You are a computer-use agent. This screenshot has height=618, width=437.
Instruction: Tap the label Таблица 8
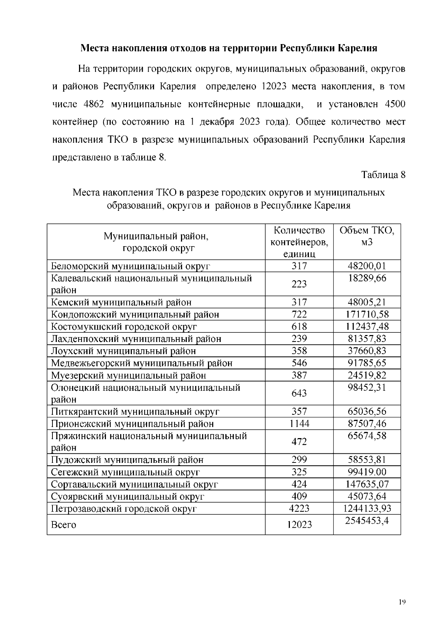click(383, 175)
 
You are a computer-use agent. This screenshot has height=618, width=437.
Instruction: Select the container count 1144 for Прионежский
click(299, 424)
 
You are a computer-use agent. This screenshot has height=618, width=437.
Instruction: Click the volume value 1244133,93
click(367, 509)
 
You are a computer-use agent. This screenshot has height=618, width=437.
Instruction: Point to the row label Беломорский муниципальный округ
click(130, 266)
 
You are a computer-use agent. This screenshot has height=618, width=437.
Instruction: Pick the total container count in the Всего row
click(299, 524)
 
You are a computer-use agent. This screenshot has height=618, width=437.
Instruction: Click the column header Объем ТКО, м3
click(367, 236)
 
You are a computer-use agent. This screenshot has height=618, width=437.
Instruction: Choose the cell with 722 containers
click(299, 315)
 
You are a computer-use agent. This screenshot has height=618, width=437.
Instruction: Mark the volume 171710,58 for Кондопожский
click(367, 315)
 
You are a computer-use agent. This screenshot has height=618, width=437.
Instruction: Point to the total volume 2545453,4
click(367, 521)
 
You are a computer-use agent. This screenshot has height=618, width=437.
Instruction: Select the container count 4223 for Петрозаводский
click(299, 509)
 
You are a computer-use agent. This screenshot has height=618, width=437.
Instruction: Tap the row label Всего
click(64, 525)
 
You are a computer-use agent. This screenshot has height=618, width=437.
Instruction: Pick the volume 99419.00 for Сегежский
click(367, 472)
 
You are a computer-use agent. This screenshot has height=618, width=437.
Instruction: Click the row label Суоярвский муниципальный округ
click(127, 497)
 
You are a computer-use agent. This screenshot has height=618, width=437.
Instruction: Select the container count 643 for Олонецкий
click(299, 393)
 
